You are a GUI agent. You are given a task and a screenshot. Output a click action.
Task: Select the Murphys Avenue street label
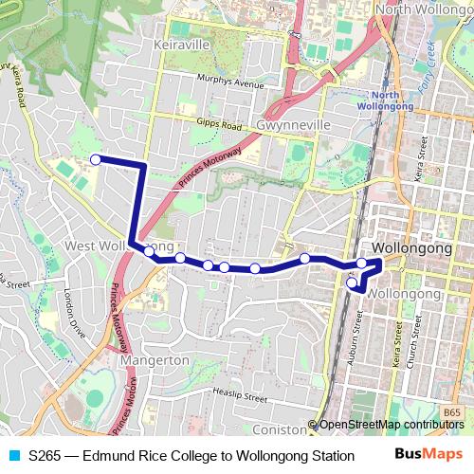230,83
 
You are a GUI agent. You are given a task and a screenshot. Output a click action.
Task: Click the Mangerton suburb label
155,361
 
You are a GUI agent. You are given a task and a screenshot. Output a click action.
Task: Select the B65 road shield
451,412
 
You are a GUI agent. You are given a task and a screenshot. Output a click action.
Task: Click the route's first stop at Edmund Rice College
95,159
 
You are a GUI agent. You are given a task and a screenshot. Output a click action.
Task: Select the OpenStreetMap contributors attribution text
391,425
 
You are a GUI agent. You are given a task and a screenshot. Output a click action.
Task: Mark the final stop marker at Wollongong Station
352,282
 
